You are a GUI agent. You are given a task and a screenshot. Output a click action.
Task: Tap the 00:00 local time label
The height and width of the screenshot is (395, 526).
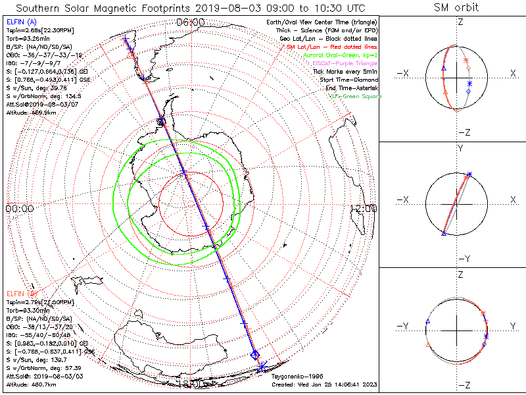(x=20, y=208)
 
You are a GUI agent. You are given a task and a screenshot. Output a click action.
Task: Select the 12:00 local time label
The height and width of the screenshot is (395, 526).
(x=363, y=208)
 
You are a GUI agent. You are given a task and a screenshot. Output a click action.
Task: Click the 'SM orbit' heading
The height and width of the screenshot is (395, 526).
(x=456, y=8)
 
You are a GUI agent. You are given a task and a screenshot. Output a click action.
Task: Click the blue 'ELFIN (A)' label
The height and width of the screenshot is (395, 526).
(x=20, y=22)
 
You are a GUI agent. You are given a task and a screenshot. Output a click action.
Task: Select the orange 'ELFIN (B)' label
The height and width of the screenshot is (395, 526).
(x=20, y=293)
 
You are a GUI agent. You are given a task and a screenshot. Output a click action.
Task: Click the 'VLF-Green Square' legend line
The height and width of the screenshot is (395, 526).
(x=354, y=96)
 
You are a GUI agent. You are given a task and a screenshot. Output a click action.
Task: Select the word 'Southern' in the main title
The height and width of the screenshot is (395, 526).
(x=43, y=8)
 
